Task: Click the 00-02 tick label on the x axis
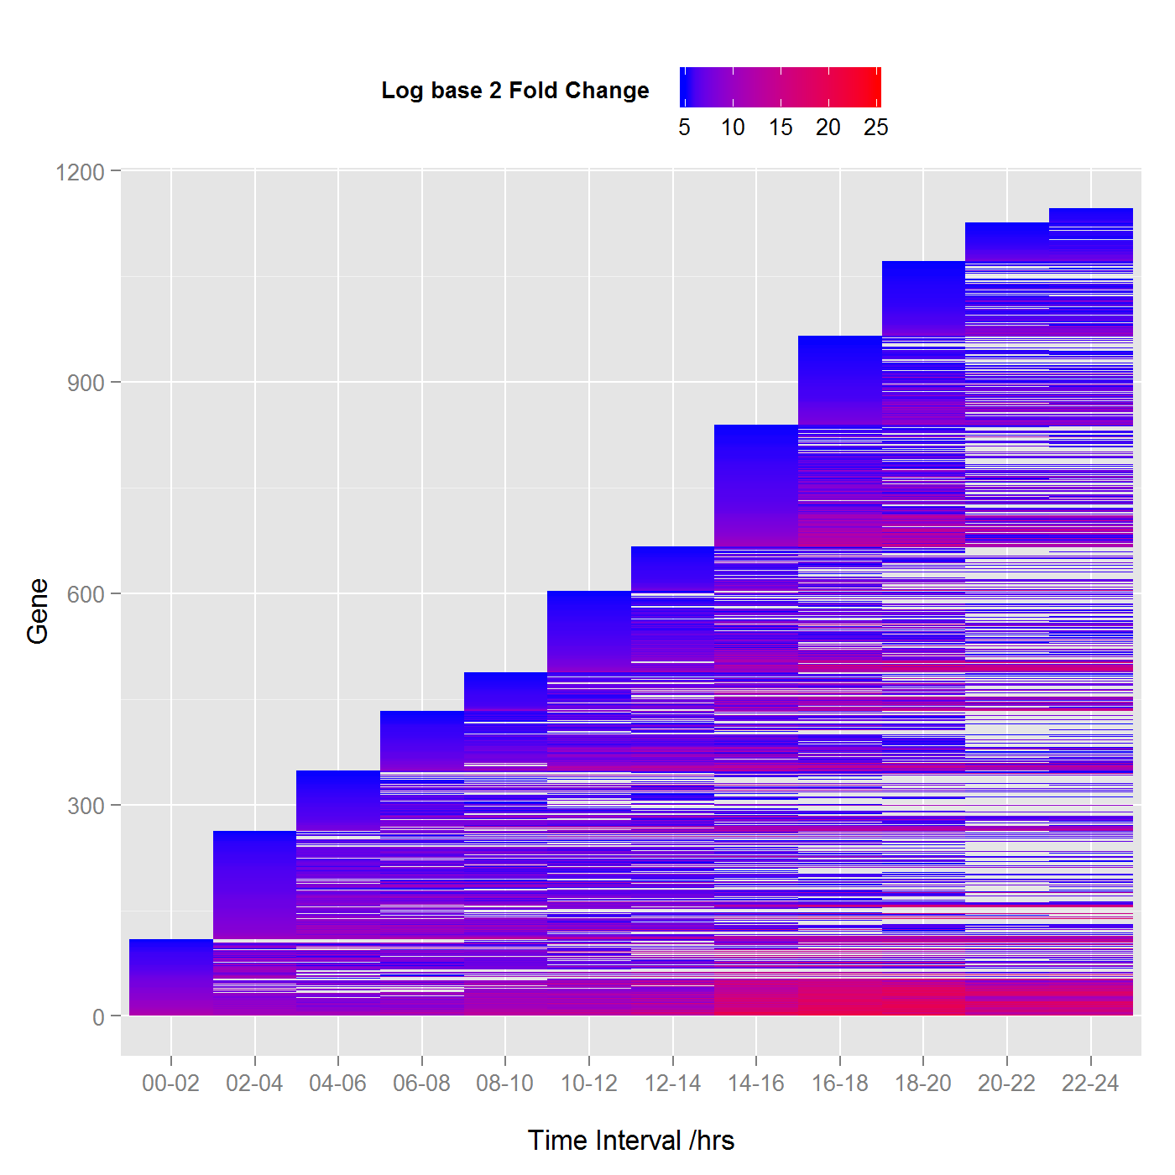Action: (x=170, y=1084)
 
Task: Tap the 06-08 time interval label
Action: (x=421, y=1084)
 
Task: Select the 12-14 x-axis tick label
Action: (x=672, y=1084)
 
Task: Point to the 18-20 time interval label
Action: (x=923, y=1084)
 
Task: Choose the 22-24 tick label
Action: (x=1090, y=1084)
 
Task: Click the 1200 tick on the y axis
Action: (x=80, y=172)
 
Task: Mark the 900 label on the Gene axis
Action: (x=86, y=383)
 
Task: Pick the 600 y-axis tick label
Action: (x=86, y=594)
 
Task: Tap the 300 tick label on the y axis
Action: (x=86, y=806)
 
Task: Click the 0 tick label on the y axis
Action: (x=99, y=1017)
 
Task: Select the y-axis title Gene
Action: (x=38, y=611)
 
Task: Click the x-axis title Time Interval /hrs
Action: (x=631, y=1141)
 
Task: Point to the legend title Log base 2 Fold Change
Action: (x=515, y=91)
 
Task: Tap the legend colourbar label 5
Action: (x=685, y=128)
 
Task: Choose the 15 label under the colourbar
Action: (x=781, y=128)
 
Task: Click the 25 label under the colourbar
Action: (x=876, y=128)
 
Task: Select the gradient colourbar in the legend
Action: (x=781, y=87)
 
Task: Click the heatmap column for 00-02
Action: (x=171, y=977)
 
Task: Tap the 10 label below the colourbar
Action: (x=733, y=128)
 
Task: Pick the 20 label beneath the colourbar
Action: (x=828, y=128)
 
